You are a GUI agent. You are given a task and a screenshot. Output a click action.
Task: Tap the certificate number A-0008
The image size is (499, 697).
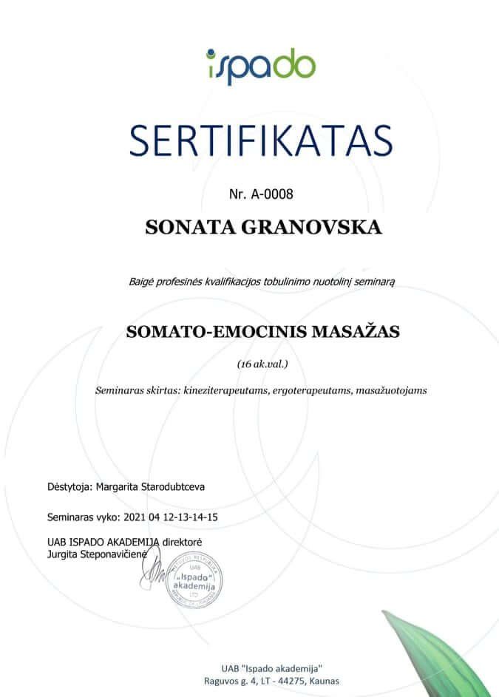(273, 194)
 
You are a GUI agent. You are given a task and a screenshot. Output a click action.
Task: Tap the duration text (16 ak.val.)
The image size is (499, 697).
(262, 364)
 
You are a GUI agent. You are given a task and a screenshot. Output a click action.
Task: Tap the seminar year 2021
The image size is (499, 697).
(139, 517)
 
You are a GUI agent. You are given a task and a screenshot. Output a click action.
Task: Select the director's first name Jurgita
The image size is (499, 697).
(62, 553)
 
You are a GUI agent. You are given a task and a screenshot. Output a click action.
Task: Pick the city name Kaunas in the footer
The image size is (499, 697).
(322, 680)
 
